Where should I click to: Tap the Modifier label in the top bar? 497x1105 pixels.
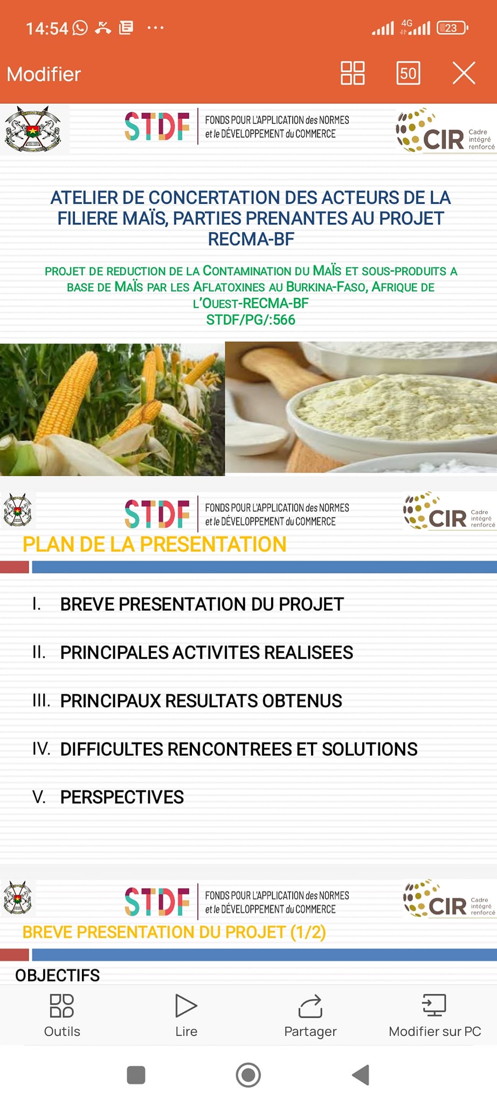click(x=44, y=74)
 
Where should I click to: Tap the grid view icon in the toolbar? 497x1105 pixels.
click(x=353, y=73)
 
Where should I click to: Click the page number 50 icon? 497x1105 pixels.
click(x=408, y=73)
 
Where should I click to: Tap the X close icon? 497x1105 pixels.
click(x=464, y=73)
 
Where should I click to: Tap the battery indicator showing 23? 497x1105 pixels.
click(x=452, y=28)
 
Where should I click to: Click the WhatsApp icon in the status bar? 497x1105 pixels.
click(x=80, y=28)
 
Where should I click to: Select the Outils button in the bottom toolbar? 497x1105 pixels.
click(x=62, y=1015)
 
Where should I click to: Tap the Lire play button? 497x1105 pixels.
click(x=186, y=1015)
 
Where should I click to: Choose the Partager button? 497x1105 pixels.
click(x=310, y=1015)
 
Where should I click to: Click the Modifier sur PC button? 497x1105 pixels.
click(x=434, y=1015)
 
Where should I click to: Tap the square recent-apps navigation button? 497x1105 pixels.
click(x=136, y=1075)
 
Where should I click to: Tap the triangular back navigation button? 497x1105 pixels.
click(x=361, y=1075)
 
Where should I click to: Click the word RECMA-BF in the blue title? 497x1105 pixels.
click(x=251, y=239)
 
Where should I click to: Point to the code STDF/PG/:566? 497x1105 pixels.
click(x=251, y=320)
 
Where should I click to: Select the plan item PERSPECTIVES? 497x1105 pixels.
click(x=122, y=797)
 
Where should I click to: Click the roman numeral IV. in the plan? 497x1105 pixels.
click(x=41, y=748)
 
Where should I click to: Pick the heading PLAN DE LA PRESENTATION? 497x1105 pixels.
click(x=154, y=544)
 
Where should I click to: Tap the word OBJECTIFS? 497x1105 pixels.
click(x=57, y=976)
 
